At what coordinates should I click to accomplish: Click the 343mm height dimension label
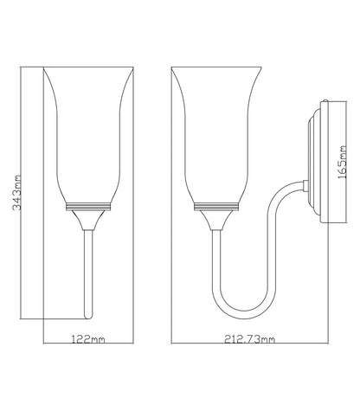(17, 192)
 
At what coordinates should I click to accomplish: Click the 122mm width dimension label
(88, 339)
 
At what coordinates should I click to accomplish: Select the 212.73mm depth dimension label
(250, 339)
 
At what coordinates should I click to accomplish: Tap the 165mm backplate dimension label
(343, 162)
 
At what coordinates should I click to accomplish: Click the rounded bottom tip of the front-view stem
(88, 317)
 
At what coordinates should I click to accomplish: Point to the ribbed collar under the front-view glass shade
(88, 207)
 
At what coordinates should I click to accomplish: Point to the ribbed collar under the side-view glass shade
(216, 207)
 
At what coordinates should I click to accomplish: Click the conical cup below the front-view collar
(88, 220)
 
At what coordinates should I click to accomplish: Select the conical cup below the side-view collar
(216, 220)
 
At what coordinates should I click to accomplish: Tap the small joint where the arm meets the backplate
(305, 186)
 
